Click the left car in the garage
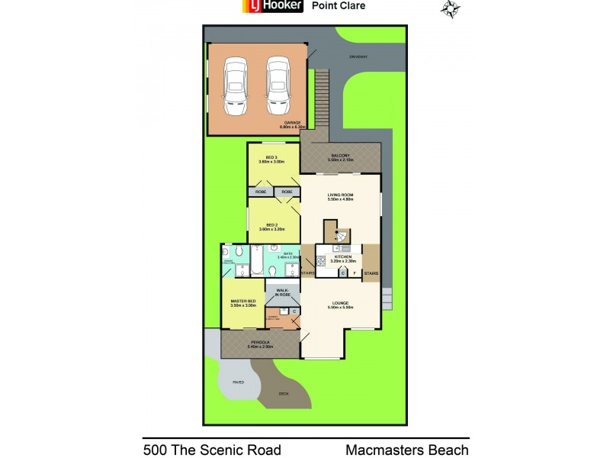(x=234, y=82)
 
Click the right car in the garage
(x=278, y=82)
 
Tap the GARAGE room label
(x=292, y=122)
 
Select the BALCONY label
(x=340, y=156)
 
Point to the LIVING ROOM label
(x=340, y=196)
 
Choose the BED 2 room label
(x=271, y=225)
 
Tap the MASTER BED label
(x=242, y=302)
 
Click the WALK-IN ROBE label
(x=281, y=292)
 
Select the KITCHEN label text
(x=342, y=257)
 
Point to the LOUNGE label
(x=340, y=303)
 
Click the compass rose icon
(x=451, y=8)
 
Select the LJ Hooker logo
(x=273, y=6)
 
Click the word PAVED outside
(x=239, y=382)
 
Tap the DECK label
(x=284, y=393)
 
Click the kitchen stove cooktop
(x=322, y=263)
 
